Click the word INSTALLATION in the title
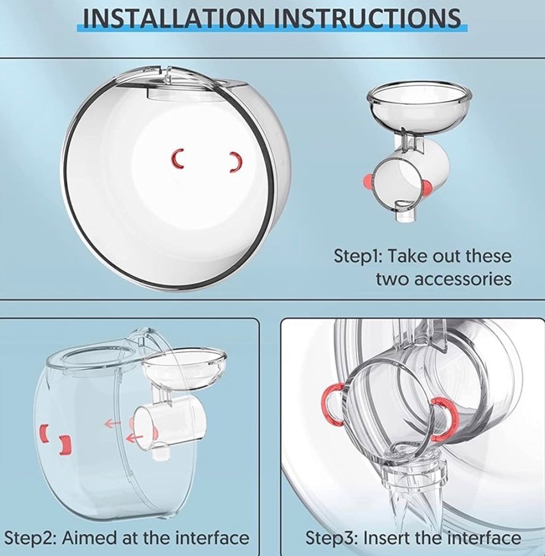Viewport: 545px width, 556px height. click(174, 18)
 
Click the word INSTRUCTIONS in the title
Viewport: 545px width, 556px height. click(368, 18)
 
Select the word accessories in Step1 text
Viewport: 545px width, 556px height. click(444, 279)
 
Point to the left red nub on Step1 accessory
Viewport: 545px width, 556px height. click(368, 180)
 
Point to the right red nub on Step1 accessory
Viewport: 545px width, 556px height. click(427, 187)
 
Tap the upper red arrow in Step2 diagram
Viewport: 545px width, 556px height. click(112, 423)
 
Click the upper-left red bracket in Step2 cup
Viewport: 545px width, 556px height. click(44, 433)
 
